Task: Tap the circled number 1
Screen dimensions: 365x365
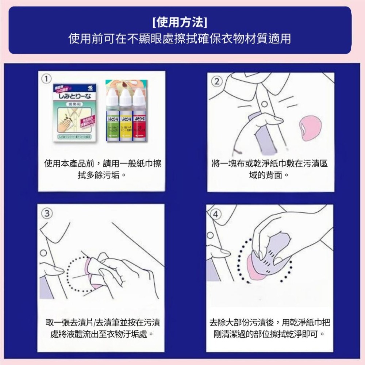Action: (x=45, y=78)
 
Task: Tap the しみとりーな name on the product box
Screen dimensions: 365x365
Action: (x=74, y=96)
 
